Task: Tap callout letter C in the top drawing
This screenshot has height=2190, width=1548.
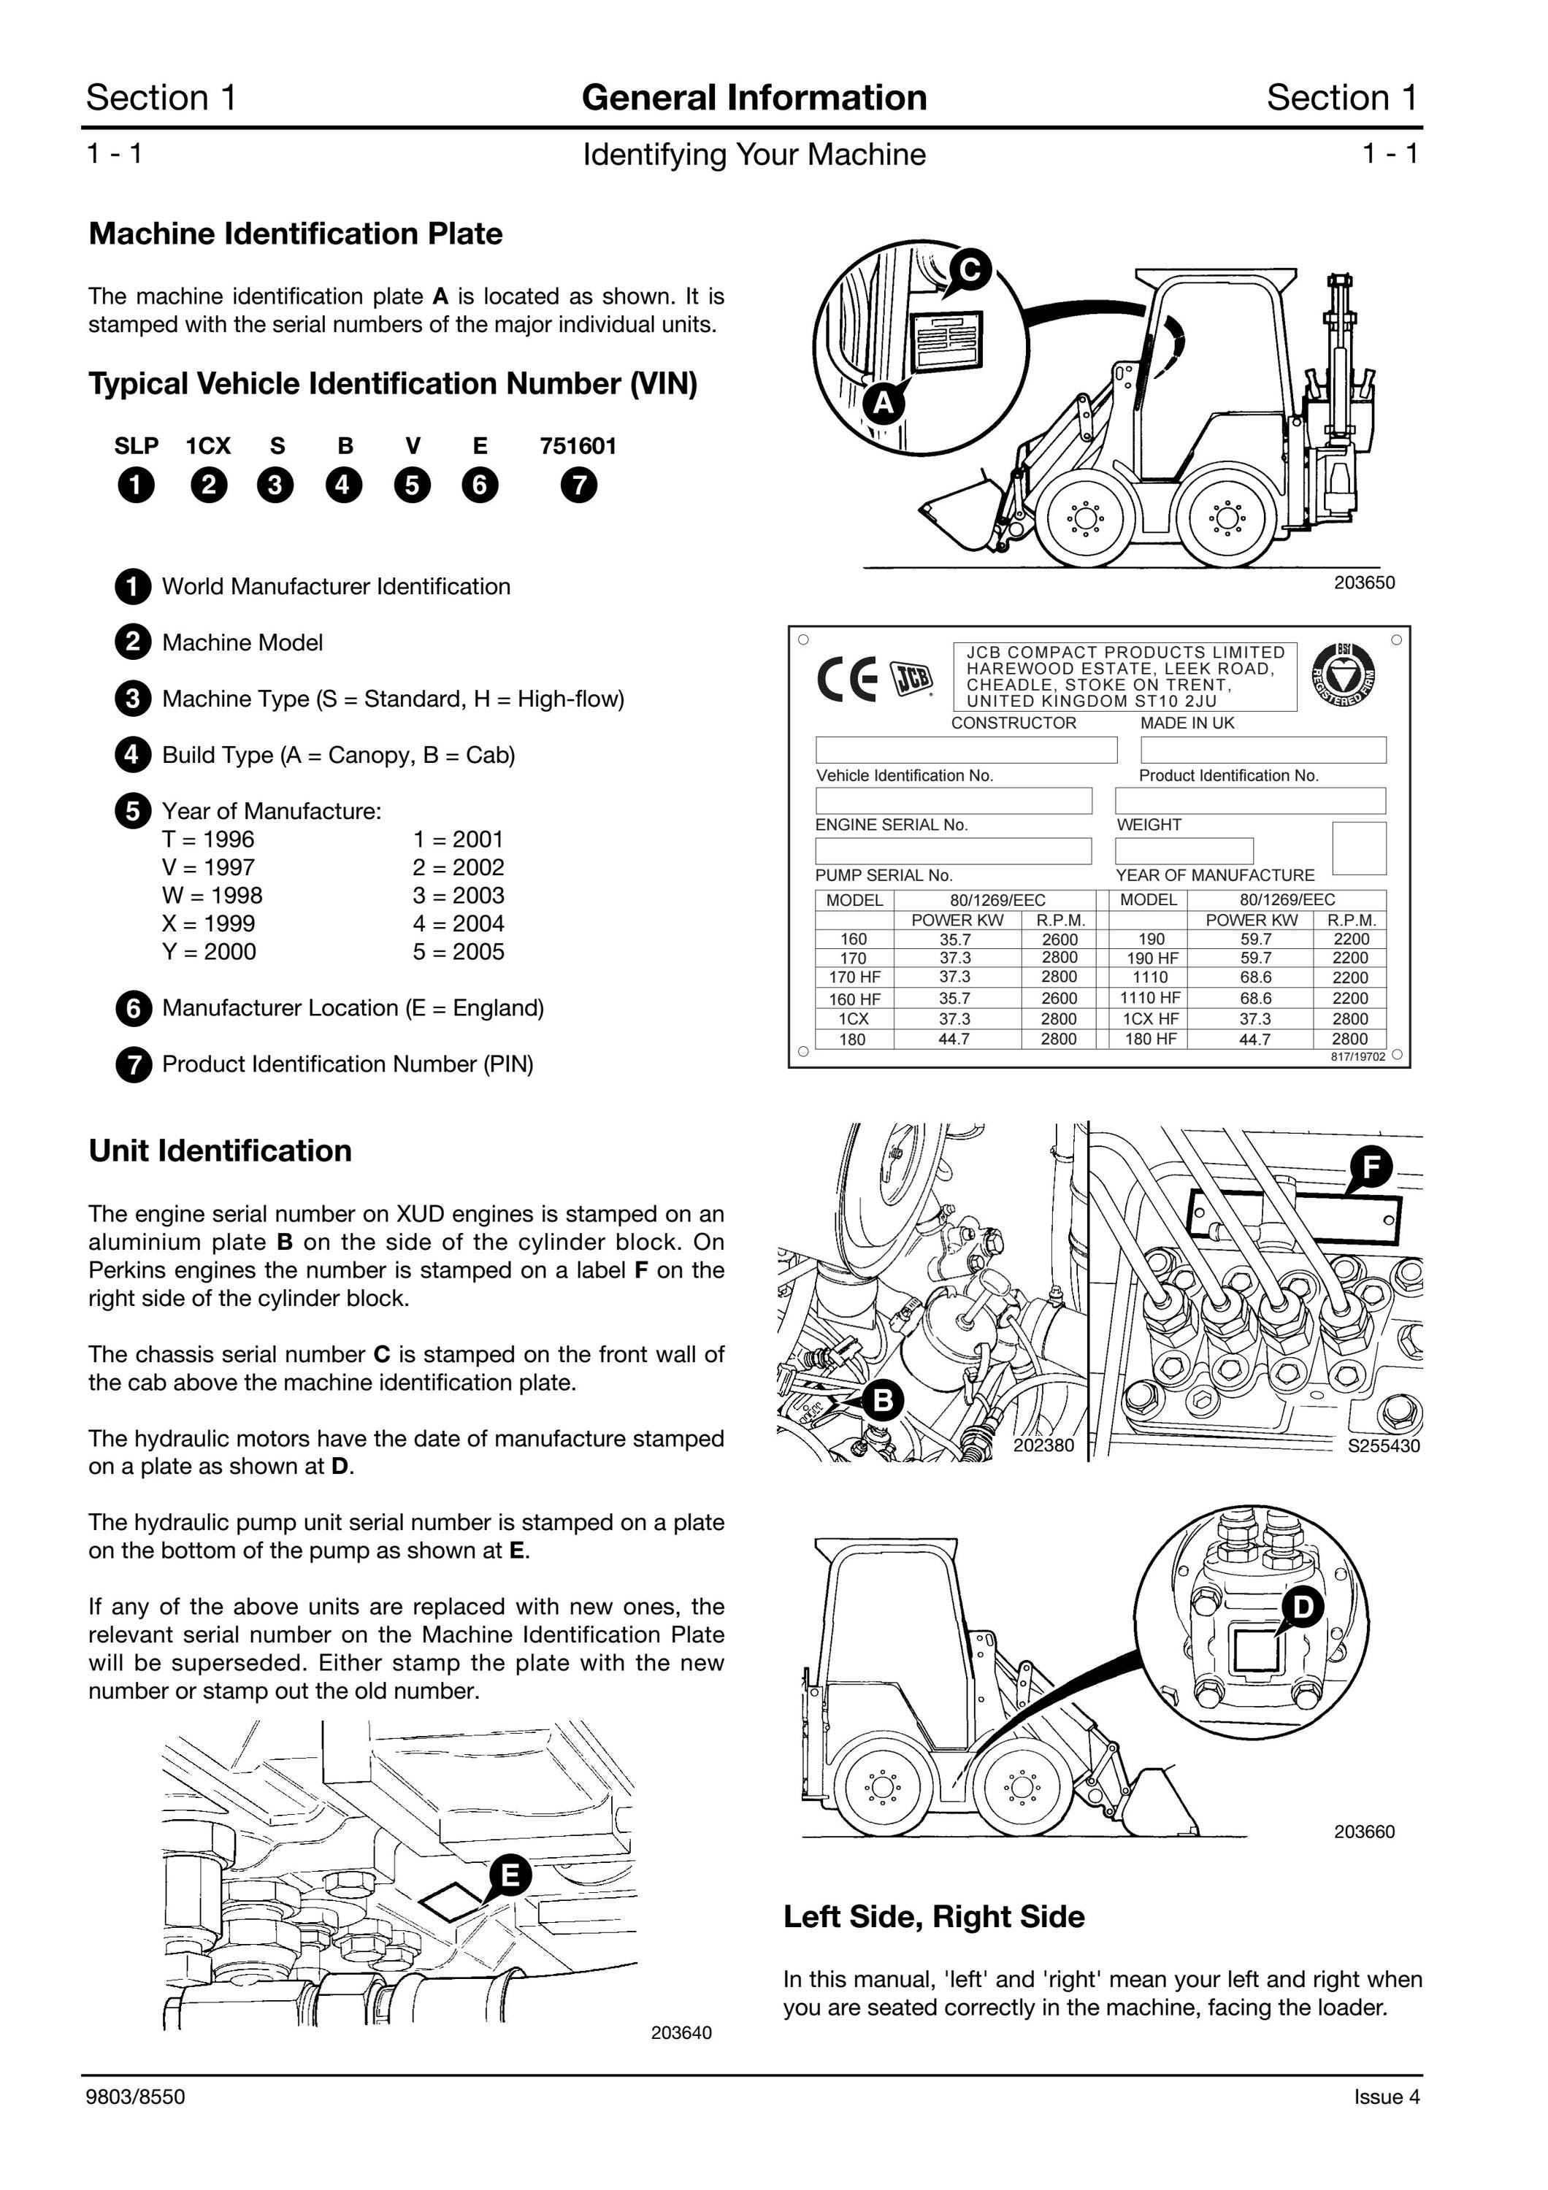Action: tap(970, 270)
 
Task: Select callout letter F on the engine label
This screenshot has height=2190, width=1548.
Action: tap(1371, 1167)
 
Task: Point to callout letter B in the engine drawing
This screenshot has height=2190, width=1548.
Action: tap(884, 1400)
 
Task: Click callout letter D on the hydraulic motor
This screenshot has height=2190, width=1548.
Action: tap(1303, 1607)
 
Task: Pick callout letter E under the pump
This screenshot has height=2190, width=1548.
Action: tap(510, 1875)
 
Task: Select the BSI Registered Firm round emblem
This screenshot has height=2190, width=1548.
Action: tap(1344, 675)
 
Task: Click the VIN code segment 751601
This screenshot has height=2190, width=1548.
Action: tap(578, 445)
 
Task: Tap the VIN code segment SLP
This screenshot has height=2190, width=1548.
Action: tap(137, 445)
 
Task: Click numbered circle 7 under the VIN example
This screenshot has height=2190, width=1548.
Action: tap(579, 485)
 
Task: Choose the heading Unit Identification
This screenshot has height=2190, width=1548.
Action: tap(221, 1150)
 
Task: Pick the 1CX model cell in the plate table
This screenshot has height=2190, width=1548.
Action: tap(854, 1018)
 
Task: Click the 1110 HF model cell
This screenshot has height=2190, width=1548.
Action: tap(1150, 999)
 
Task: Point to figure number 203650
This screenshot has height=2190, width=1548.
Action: tap(1364, 582)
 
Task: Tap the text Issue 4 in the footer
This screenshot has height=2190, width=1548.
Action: tap(1387, 2097)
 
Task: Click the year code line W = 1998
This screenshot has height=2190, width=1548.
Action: tap(212, 895)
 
